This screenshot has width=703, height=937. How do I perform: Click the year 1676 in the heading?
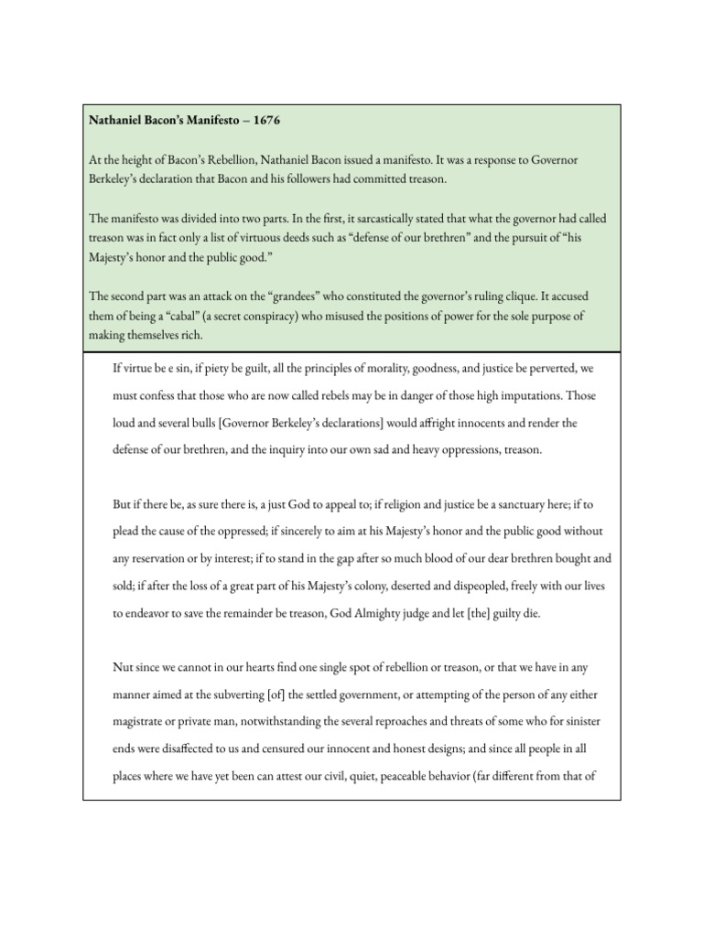click(x=267, y=119)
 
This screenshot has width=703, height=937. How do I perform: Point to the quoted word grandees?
click(x=289, y=296)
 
